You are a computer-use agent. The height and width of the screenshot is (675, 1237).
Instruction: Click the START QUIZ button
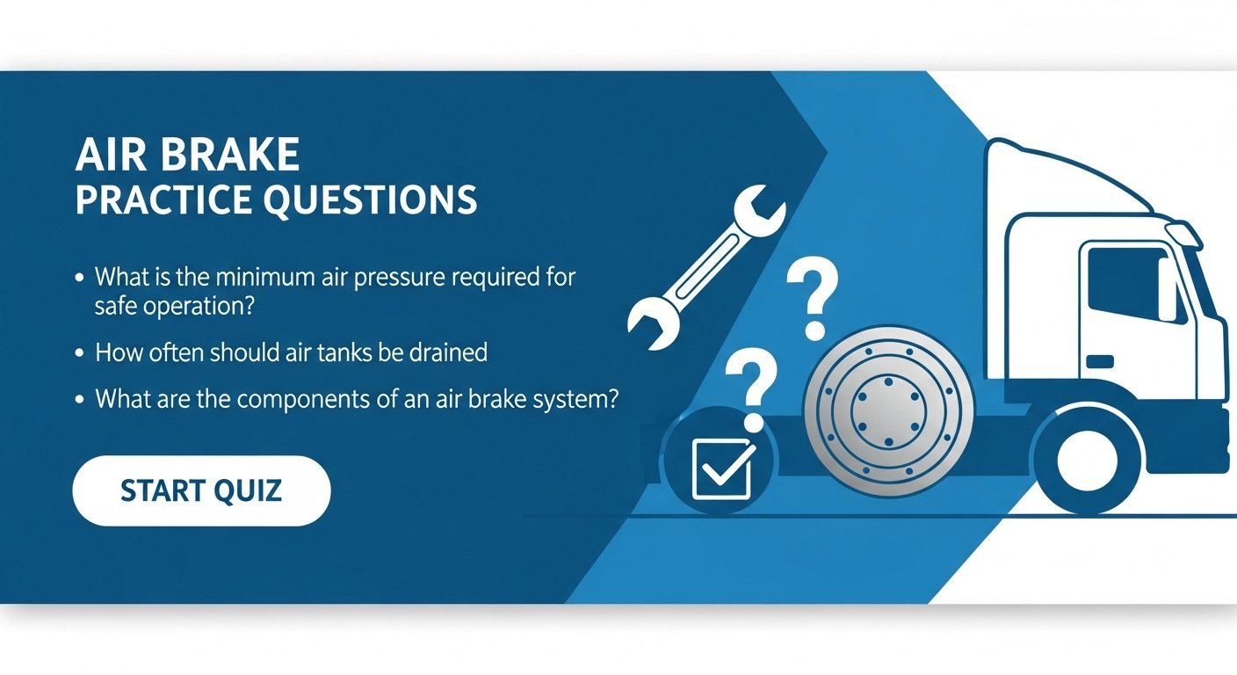pyautogui.click(x=201, y=490)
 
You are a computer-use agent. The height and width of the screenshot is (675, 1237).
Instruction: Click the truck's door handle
pyautogui.click(x=1098, y=361)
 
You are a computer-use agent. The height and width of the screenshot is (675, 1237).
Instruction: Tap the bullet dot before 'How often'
pyautogui.click(x=80, y=353)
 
